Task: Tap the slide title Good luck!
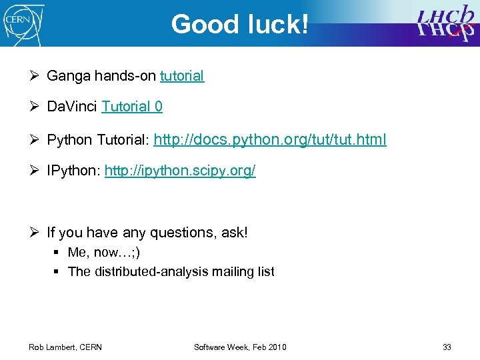click(240, 25)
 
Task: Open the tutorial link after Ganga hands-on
click(182, 76)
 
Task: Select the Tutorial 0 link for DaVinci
click(132, 107)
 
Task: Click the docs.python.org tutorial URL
click(270, 140)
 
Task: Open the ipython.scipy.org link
click(180, 171)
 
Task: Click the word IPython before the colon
click(73, 171)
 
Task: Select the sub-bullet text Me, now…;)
click(104, 253)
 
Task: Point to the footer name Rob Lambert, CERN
click(65, 347)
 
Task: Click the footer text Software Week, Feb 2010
click(240, 347)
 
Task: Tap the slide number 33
click(447, 347)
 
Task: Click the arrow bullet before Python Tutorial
click(37, 140)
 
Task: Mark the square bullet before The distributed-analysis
click(59, 271)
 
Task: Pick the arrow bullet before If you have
click(37, 233)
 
